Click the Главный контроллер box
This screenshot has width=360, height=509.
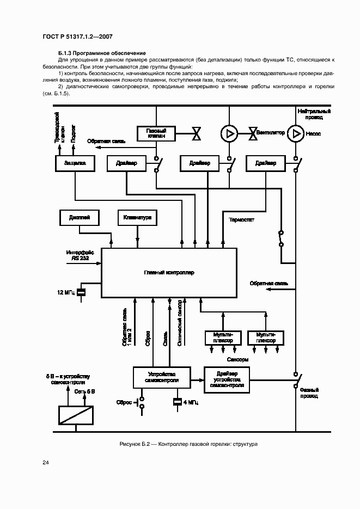coord(169,272)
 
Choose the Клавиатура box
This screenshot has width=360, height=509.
coord(137,218)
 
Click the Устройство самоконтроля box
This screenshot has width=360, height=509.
coord(163,377)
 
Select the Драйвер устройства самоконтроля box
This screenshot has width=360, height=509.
coord(227,379)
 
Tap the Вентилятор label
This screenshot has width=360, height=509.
coord(271,133)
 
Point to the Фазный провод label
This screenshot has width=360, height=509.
coord(309,393)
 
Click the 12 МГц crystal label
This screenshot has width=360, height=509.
coord(65,293)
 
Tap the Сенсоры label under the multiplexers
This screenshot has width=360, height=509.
coord(238,360)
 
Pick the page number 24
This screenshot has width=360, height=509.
coord(45,463)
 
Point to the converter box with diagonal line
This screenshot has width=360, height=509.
coord(75,415)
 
